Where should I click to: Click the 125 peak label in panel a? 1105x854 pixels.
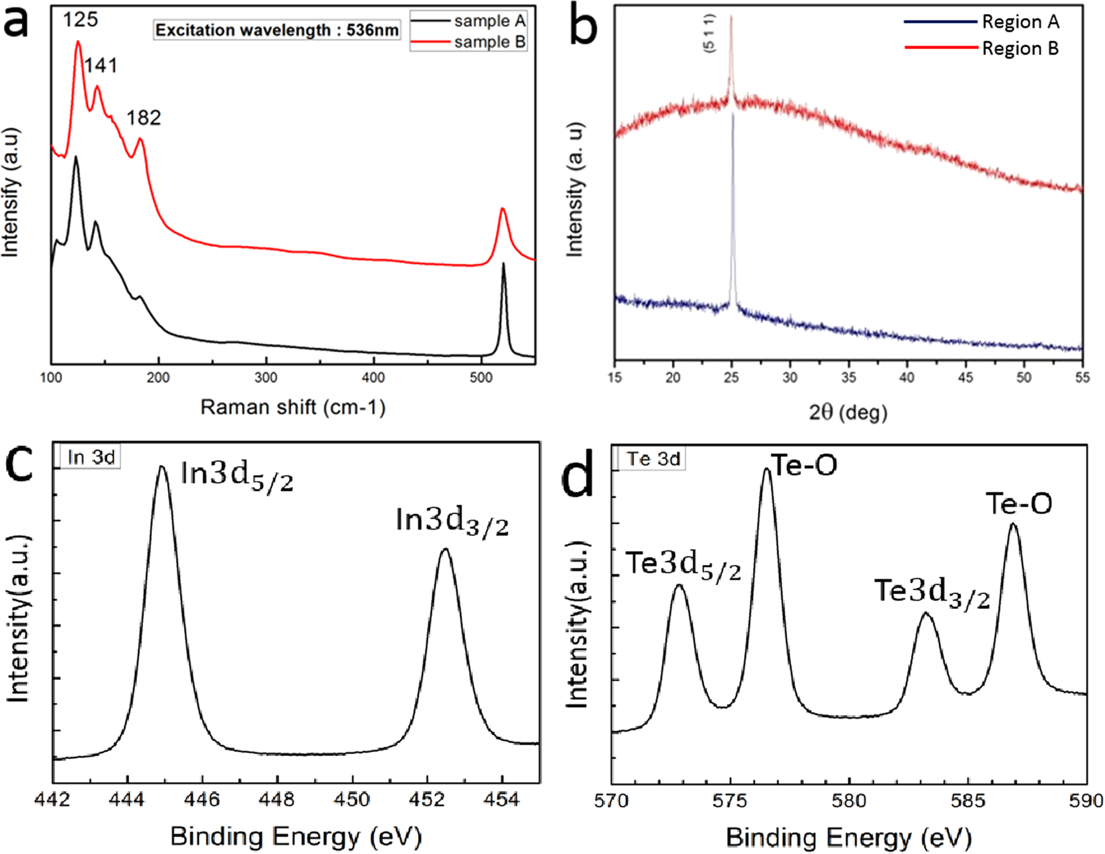click(81, 19)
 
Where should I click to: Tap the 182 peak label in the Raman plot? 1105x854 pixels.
click(143, 118)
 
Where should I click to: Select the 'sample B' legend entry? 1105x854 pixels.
click(489, 42)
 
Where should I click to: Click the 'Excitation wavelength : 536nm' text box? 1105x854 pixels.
click(277, 30)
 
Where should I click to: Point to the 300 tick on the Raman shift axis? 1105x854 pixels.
click(266, 378)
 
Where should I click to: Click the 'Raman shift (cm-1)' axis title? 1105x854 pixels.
click(293, 407)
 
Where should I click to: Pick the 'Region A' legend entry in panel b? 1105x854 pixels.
click(1020, 22)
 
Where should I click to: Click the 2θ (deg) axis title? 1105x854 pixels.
click(848, 411)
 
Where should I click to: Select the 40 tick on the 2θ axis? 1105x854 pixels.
click(907, 378)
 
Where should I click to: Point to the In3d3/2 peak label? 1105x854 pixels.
click(452, 522)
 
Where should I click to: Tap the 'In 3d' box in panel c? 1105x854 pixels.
click(91, 458)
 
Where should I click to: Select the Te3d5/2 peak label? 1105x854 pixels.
click(683, 566)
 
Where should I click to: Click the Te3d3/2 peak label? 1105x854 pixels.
click(932, 593)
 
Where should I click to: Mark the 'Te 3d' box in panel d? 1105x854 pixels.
click(653, 459)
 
